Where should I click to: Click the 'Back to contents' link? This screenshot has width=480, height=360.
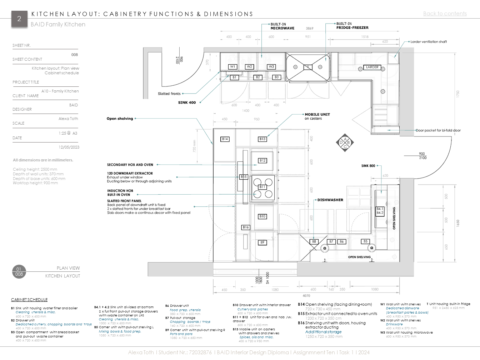coord(445,14)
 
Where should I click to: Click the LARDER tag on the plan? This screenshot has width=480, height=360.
coord(372,67)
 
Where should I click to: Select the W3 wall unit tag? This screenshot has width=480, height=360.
coord(271,67)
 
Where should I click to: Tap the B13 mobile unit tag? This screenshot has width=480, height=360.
coord(262,139)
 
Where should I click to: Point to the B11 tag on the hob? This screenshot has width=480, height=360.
coord(262,187)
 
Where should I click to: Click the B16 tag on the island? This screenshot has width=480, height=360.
coord(246,227)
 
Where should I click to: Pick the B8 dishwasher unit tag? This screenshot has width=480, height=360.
coord(314,241)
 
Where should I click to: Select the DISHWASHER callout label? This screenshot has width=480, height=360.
coord(330,200)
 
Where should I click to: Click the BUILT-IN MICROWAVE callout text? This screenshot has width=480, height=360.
coord(282,26)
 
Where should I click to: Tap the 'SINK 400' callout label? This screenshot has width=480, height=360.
coord(187,102)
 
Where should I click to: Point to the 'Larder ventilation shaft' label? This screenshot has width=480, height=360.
coord(429,42)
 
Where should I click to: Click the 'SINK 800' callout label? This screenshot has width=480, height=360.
coord(368,166)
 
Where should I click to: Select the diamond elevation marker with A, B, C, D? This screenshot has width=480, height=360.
coord(345,143)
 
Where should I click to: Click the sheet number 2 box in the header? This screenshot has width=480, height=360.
coord(19,19)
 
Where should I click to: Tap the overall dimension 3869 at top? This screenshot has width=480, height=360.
coord(310,28)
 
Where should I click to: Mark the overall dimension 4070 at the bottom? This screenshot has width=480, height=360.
coord(306,296)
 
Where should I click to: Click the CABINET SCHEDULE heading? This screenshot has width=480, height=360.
coord(29,300)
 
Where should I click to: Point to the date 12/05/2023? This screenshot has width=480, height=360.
coord(69,147)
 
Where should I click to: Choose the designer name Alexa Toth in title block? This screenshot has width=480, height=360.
coord(68,119)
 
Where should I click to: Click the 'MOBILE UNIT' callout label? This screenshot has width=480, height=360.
coord(317,115)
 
